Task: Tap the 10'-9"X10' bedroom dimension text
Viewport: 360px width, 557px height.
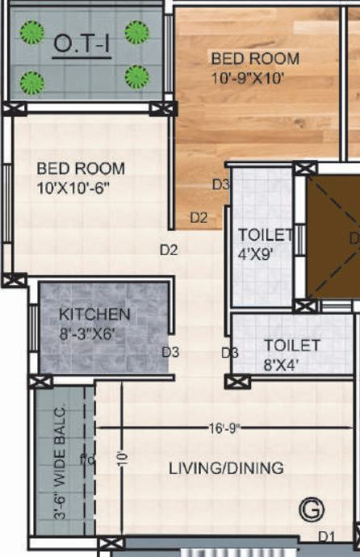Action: [249, 79]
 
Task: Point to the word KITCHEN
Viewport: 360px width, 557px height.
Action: [94, 313]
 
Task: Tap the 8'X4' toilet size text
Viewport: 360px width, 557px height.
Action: [281, 363]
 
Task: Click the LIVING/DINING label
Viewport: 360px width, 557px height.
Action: [226, 468]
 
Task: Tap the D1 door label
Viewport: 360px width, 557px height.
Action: [326, 536]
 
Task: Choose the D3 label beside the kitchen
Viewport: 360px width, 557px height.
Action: [170, 351]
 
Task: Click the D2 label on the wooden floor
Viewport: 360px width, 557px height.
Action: [199, 217]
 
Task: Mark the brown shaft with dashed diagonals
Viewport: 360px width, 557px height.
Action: [331, 237]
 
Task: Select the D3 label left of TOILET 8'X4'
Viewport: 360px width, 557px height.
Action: [230, 352]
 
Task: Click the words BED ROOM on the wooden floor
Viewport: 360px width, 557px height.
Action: [255, 59]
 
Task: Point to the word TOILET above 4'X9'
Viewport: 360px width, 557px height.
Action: [266, 235]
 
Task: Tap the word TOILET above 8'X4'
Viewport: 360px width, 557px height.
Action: [292, 346]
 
